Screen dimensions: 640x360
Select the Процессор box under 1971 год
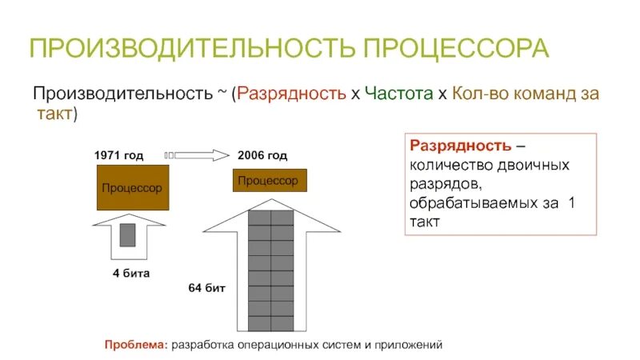click(132, 188)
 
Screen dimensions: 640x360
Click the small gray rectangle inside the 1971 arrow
click(128, 234)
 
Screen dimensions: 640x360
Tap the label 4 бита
click(131, 273)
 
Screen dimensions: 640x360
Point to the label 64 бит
click(206, 286)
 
